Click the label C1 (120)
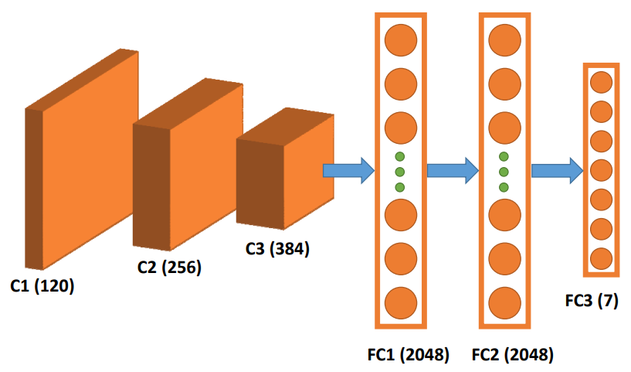pos(42,286)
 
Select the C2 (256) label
pos(169,268)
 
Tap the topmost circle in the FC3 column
pos(601,82)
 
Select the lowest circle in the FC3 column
pos(601,258)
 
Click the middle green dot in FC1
pos(400,172)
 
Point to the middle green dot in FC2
pos(504,172)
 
